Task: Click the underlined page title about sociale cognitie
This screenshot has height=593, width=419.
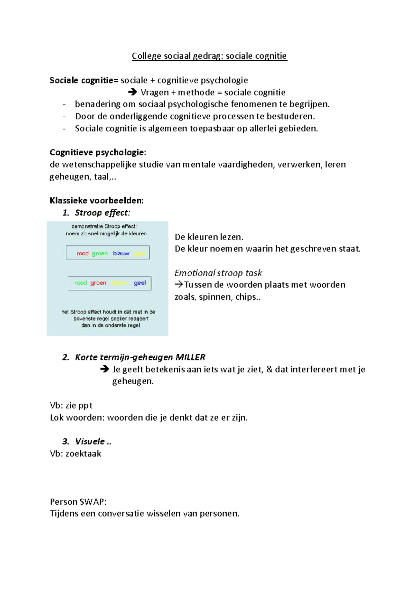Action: click(209, 56)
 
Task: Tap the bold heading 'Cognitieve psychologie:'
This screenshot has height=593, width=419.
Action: click(98, 152)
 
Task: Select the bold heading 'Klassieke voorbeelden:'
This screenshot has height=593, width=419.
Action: click(96, 200)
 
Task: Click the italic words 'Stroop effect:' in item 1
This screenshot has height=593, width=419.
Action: click(102, 213)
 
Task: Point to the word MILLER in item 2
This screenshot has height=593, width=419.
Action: click(190, 357)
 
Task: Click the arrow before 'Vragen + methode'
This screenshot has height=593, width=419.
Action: click(132, 92)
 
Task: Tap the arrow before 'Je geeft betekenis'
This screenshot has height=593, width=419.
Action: click(104, 369)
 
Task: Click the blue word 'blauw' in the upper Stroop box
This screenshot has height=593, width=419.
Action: click(121, 253)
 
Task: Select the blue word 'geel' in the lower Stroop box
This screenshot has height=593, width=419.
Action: click(140, 283)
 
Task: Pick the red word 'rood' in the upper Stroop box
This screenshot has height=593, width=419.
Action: click(83, 253)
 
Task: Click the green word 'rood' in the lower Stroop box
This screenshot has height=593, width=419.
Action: click(81, 283)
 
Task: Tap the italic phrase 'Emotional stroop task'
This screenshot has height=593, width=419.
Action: click(218, 273)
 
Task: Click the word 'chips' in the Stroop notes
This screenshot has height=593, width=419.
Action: click(246, 297)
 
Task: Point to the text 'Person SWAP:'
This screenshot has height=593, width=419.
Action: click(78, 502)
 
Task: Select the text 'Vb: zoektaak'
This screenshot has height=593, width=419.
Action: click(75, 454)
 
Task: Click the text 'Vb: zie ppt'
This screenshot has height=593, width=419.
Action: click(71, 405)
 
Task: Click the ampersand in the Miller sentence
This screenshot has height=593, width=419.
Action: click(269, 369)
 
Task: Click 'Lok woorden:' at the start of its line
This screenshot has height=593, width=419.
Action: click(77, 418)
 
